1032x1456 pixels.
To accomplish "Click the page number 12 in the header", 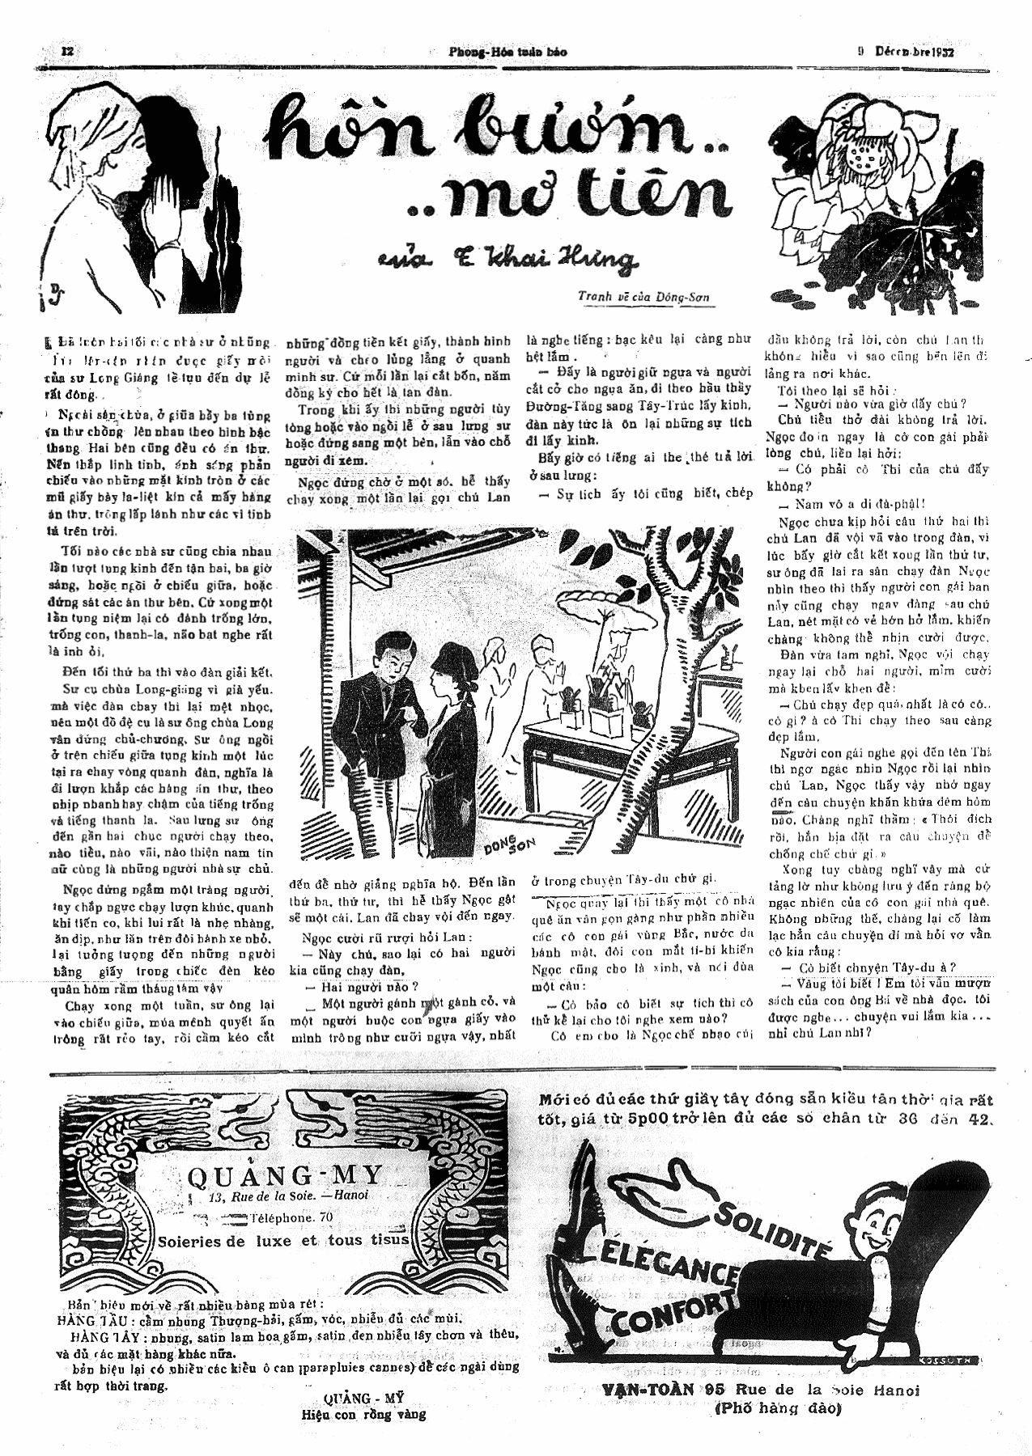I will [x=68, y=51].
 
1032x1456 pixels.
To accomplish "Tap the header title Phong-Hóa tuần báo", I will [x=508, y=52].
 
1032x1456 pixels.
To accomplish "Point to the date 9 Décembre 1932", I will [x=906, y=51].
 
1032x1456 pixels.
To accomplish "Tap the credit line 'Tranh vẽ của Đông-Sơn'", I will [x=643, y=297].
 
